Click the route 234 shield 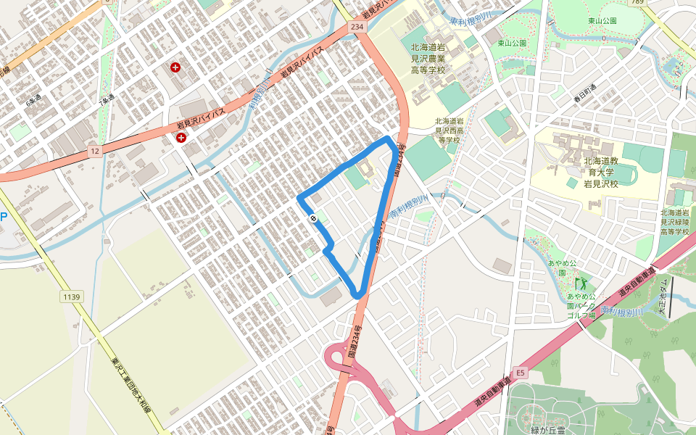(356, 26)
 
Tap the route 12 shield (95, 151)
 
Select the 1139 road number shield (71, 297)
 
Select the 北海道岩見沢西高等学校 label (447, 130)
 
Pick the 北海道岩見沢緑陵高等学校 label (674, 222)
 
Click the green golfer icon (580, 283)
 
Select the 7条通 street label (106, 99)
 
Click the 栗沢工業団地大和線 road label (130, 384)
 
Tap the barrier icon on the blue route (313, 217)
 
